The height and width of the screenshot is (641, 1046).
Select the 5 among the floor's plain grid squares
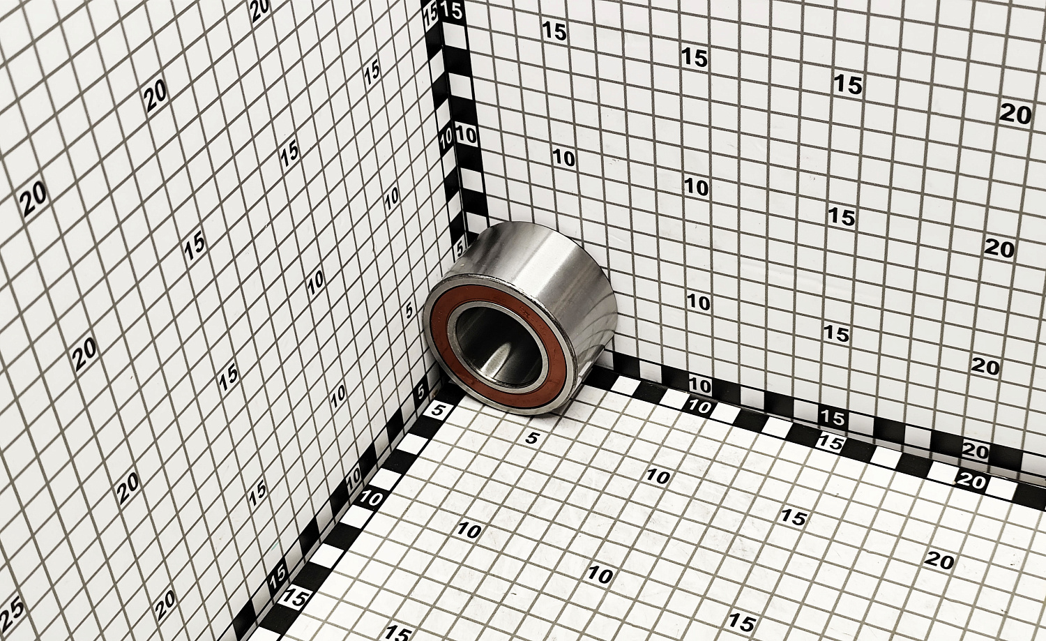(532, 438)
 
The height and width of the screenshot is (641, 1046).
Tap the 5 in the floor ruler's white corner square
(438, 412)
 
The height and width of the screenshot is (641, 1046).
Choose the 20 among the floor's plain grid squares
(939, 560)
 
